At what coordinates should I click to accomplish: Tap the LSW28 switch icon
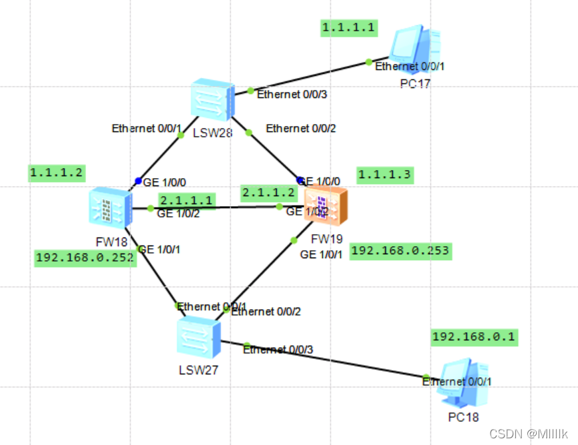pyautogui.click(x=212, y=101)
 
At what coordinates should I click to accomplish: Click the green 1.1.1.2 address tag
pyautogui.click(x=57, y=173)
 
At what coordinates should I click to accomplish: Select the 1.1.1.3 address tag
pyautogui.click(x=385, y=175)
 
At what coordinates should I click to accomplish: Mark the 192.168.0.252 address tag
pyautogui.click(x=85, y=258)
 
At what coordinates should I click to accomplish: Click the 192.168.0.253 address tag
pyautogui.click(x=400, y=250)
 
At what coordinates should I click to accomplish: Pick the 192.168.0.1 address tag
pyautogui.click(x=474, y=336)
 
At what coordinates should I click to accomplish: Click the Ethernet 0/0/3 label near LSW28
pyautogui.click(x=292, y=94)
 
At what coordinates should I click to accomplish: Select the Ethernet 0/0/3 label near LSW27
pyautogui.click(x=278, y=349)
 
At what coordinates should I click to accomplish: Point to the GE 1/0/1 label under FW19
pyautogui.click(x=322, y=254)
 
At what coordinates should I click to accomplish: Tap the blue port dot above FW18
pyautogui.click(x=138, y=181)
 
